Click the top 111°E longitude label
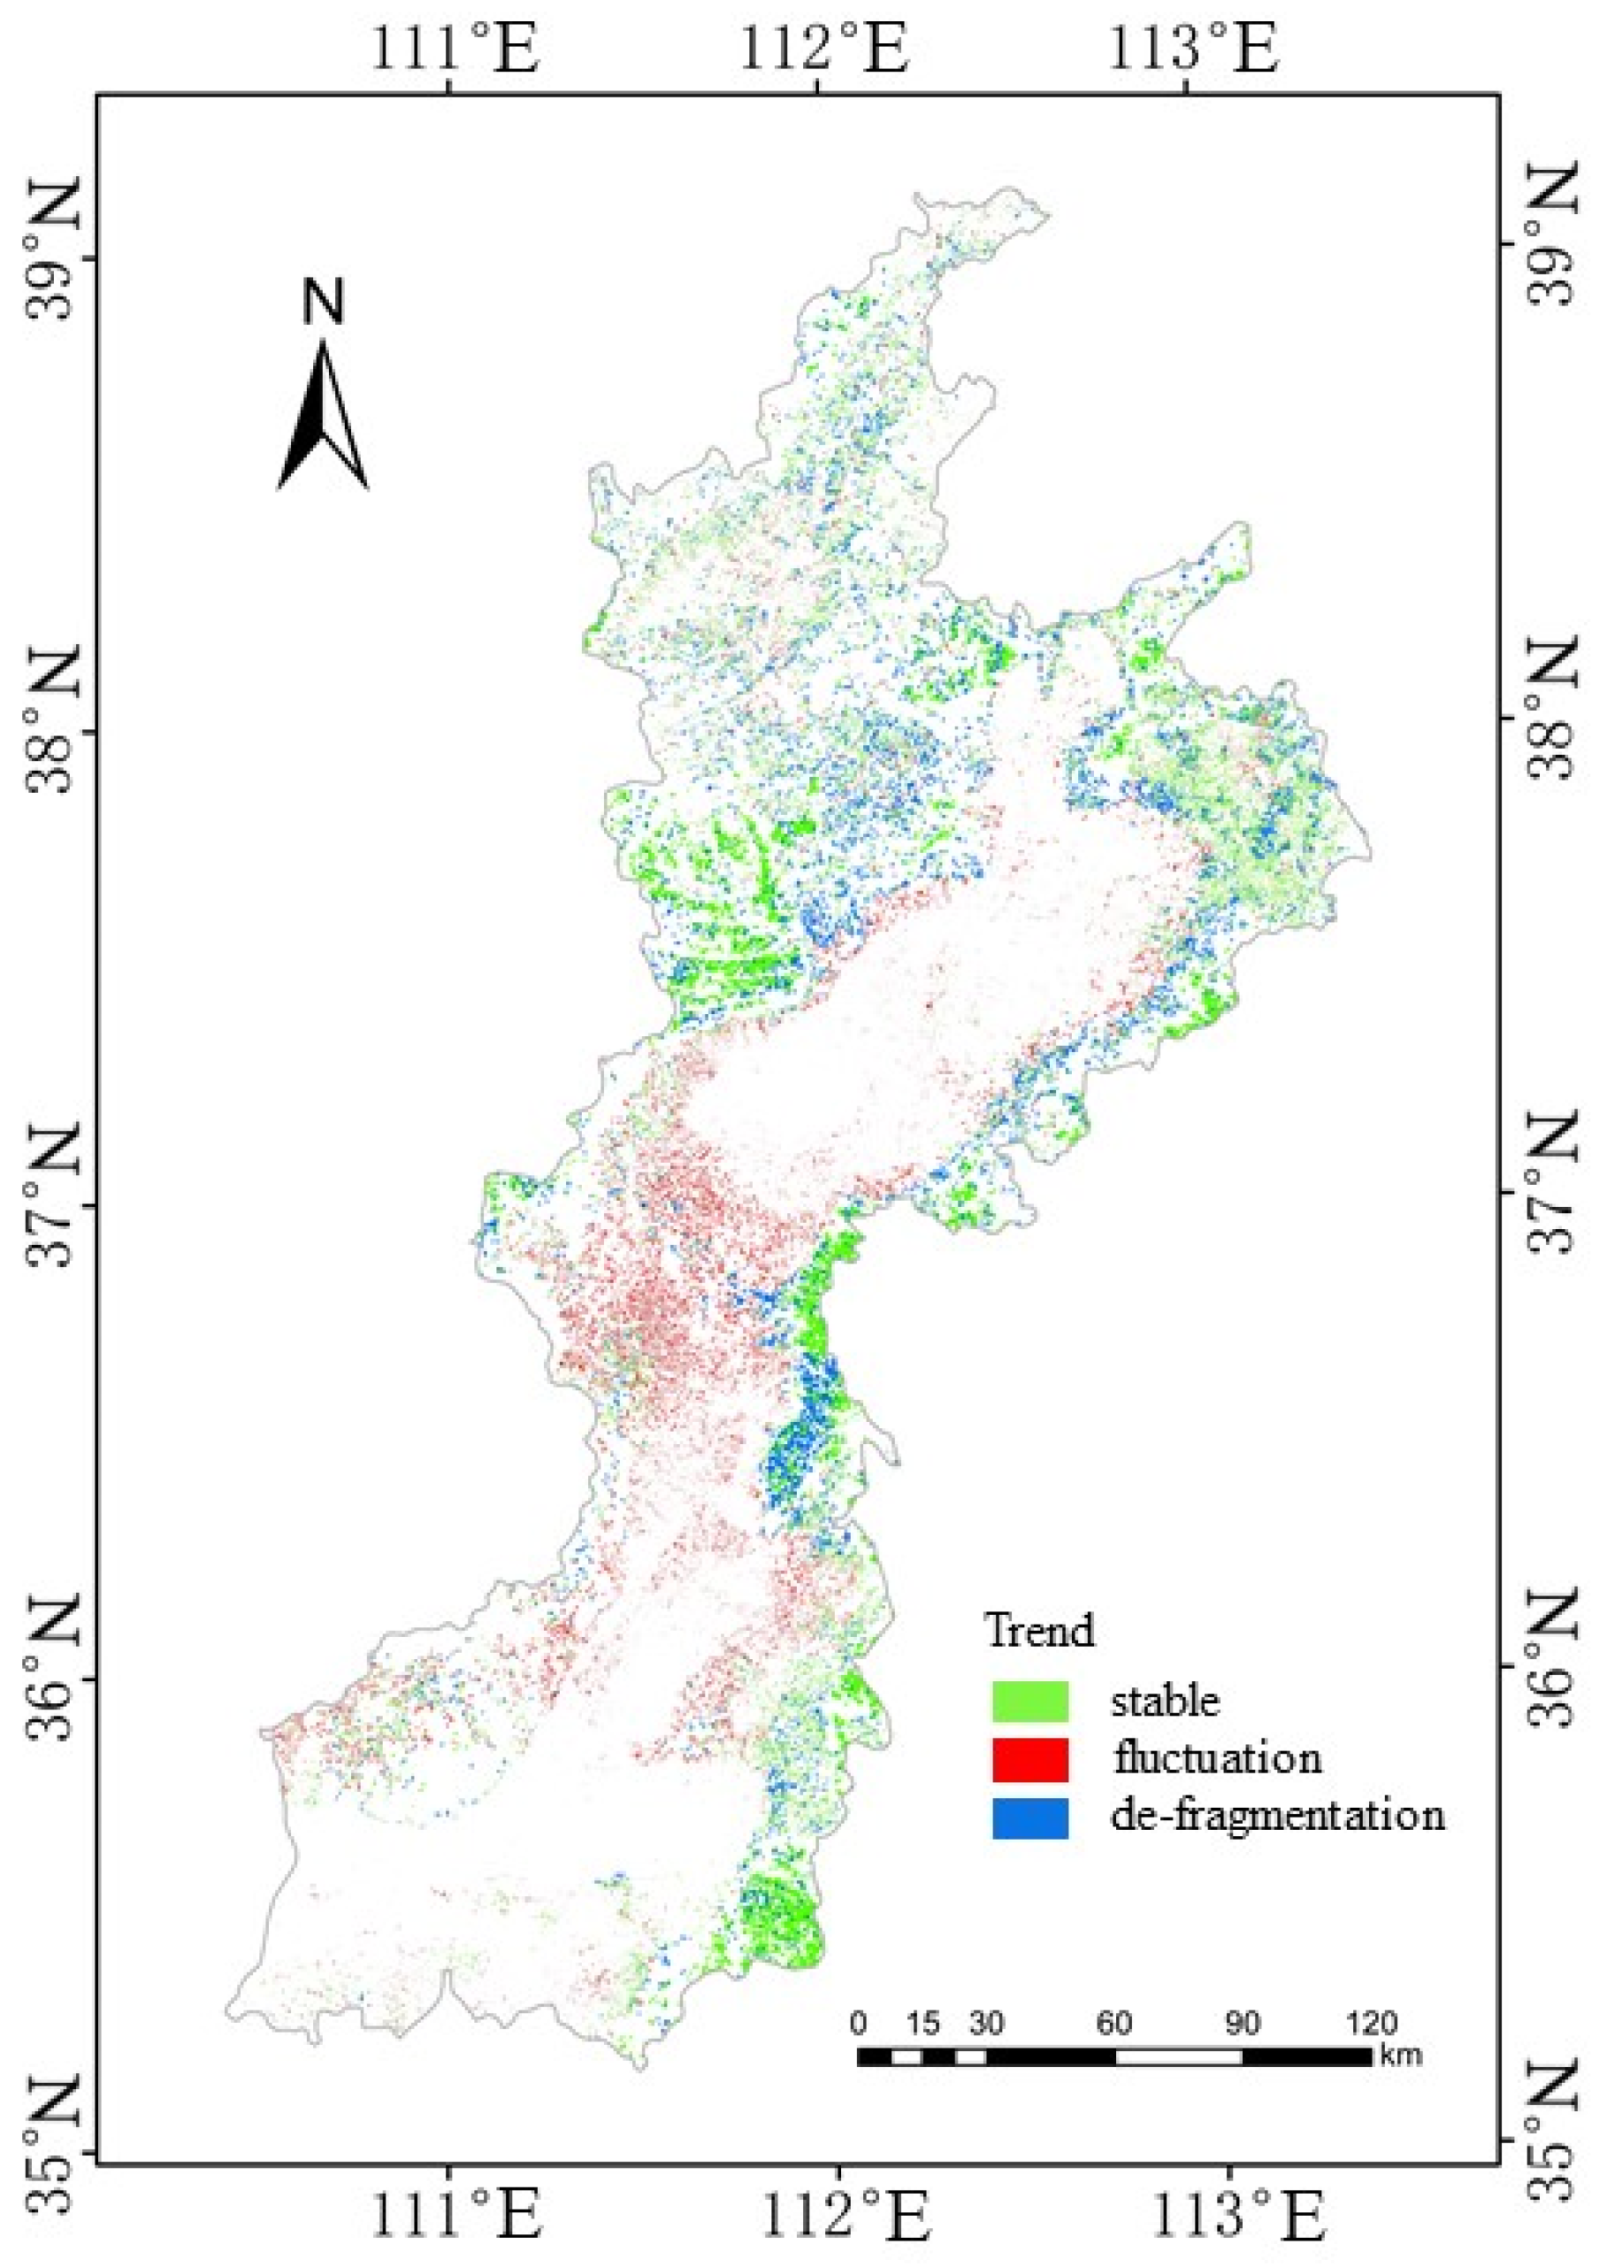point(455,50)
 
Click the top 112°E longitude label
point(823,50)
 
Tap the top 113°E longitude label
point(1192,50)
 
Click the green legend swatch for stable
point(1029,1701)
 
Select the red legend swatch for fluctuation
point(1029,1758)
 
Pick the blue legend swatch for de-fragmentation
point(1029,1817)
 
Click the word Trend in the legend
point(1040,1630)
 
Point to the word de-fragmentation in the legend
point(1277,1815)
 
